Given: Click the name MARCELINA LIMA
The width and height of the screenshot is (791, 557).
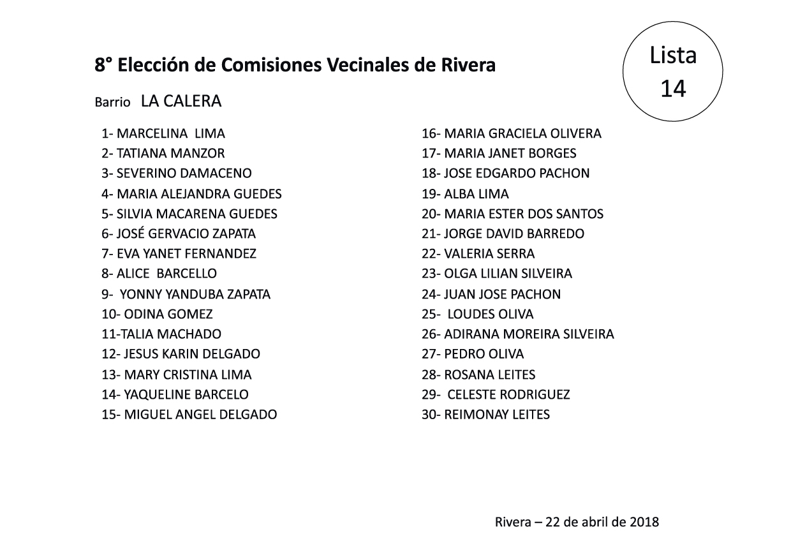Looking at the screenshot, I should [170, 134].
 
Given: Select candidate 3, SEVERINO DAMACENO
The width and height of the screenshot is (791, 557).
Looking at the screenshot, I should [184, 174].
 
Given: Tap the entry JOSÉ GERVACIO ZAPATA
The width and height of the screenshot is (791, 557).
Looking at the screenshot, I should [186, 234].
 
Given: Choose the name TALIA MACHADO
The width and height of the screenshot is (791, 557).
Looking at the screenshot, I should [168, 334].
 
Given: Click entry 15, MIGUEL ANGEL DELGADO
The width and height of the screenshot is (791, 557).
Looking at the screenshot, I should [189, 415].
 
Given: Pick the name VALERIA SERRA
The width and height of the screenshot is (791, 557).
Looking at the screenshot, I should [489, 254].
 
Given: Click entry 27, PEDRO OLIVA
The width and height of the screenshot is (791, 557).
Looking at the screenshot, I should [484, 354].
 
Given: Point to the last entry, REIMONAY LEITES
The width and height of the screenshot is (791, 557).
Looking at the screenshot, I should [496, 415].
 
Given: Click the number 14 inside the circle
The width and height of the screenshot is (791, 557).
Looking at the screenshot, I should [673, 89].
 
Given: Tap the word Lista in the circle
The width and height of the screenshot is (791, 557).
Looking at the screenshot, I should [673, 56].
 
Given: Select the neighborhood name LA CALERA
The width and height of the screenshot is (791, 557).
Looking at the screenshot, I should [181, 100].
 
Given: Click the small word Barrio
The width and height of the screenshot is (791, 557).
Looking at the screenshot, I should [112, 102].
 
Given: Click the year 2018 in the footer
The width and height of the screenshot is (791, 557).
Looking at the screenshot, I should [644, 522].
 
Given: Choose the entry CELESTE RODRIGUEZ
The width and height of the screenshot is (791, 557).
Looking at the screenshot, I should [508, 394].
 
